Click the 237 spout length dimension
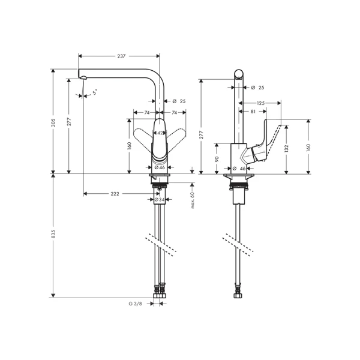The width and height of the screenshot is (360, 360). [121, 56]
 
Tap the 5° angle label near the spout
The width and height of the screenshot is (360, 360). [94, 93]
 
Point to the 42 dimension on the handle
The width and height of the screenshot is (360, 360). [160, 133]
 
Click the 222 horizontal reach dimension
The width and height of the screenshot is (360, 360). [115, 194]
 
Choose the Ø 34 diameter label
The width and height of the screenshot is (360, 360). [160, 200]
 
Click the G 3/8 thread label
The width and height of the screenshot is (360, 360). [135, 304]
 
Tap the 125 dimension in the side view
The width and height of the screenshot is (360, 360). [261, 103]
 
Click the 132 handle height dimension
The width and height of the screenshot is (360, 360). [287, 148]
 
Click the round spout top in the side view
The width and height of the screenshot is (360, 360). [239, 74]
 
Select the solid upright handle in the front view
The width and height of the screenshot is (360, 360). [160, 144]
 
